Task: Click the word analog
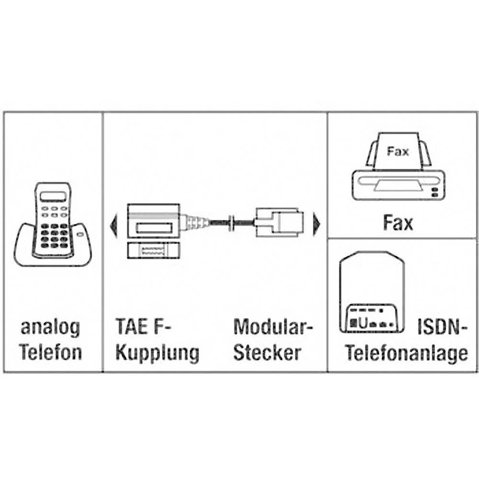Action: [x=50, y=329]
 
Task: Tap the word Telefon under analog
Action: [x=50, y=353]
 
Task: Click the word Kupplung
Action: [x=157, y=353]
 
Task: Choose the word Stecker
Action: [x=267, y=353]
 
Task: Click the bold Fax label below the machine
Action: [x=398, y=223]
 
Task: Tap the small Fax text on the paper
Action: [x=398, y=152]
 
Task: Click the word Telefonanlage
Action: [x=407, y=354]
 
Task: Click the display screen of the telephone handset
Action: [x=53, y=196]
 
